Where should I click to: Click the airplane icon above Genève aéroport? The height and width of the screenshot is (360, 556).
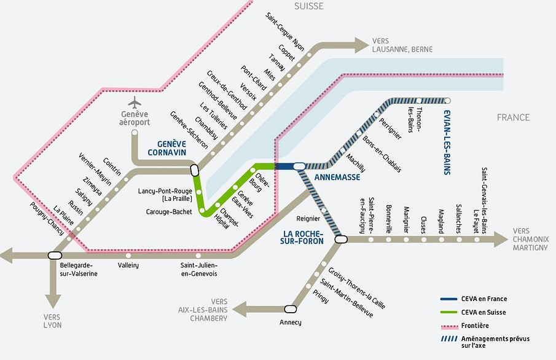click(x=135, y=101)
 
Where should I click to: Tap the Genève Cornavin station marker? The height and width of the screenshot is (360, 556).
click(x=195, y=170)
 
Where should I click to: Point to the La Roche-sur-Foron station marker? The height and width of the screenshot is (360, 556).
click(x=341, y=240)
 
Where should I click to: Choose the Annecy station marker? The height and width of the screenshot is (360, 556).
click(x=290, y=308)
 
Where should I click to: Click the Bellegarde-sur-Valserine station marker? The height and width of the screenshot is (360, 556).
click(x=55, y=254)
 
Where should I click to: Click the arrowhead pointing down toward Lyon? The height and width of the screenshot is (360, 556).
click(x=54, y=301)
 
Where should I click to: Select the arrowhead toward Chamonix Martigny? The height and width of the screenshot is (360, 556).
click(x=501, y=239)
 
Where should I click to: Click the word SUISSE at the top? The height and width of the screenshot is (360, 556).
click(x=308, y=6)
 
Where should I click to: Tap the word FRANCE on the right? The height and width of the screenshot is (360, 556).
click(x=513, y=117)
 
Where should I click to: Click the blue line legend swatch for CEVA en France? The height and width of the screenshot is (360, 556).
click(x=453, y=299)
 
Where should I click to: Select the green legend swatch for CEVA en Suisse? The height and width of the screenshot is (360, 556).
click(x=453, y=313)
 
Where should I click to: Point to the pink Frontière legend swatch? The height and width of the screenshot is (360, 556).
click(x=453, y=326)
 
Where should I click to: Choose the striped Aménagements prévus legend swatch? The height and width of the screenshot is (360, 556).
click(x=453, y=339)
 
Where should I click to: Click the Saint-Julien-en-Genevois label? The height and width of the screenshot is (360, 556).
click(x=198, y=270)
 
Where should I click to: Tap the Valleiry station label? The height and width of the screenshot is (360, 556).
click(x=128, y=265)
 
